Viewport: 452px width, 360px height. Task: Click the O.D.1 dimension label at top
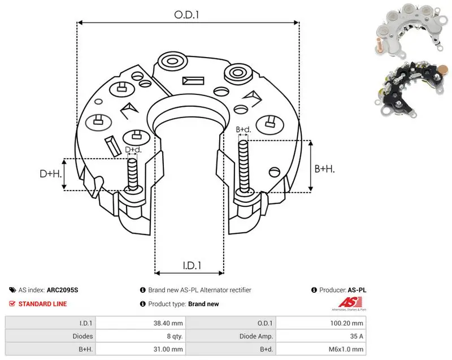[186, 15]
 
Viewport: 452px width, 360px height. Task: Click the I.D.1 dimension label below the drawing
[192, 266]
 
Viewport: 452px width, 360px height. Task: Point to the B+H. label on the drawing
[324, 168]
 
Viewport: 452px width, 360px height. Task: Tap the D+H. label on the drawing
[51, 174]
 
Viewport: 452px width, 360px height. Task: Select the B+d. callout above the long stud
[244, 129]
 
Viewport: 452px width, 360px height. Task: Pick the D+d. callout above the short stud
[133, 150]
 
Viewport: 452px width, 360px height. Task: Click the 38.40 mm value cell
[168, 323]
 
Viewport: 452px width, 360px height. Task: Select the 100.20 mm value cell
[346, 323]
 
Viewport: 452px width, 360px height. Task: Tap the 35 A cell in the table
[357, 336]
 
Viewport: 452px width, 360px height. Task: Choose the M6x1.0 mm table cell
[346, 349]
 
